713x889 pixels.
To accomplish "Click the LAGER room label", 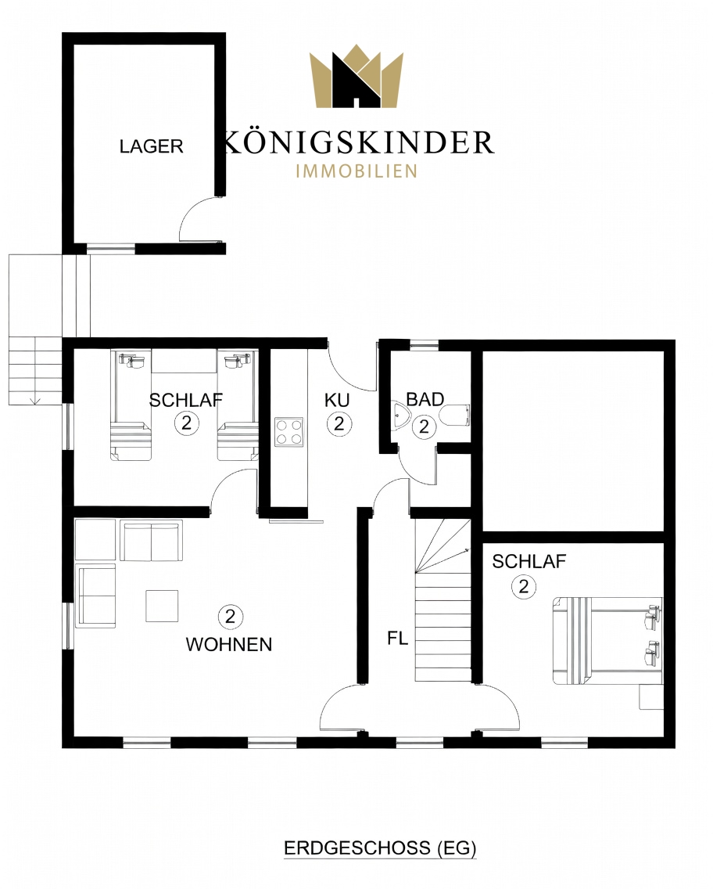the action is [151, 146].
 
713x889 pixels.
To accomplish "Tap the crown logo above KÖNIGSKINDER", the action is [356, 77].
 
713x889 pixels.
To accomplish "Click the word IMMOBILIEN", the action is [356, 171].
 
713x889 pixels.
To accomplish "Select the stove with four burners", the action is [288, 432].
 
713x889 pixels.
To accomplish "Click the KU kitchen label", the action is [337, 400].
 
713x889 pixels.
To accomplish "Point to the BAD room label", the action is [425, 399].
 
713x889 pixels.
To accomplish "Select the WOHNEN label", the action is [229, 644].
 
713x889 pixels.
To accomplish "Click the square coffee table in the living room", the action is [162, 606].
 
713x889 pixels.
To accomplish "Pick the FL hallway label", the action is [398, 639].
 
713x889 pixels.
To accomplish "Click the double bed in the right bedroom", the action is [607, 640].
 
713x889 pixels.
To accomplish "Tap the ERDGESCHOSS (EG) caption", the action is [379, 848].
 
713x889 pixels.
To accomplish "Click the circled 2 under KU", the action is [339, 423].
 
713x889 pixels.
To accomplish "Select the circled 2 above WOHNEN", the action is [230, 617].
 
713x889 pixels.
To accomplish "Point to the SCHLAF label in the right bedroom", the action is [529, 561].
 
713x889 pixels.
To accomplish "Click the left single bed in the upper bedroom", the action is [131, 405].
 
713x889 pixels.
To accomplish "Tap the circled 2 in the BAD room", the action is [425, 427].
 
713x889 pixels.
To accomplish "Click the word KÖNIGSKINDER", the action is [359, 142].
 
